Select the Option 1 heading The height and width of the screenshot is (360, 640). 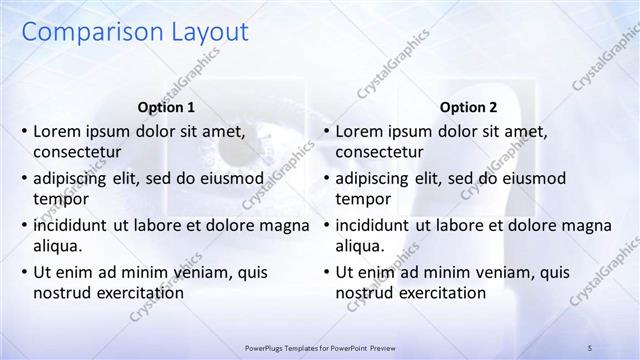166,107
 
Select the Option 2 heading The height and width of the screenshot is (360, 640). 468,107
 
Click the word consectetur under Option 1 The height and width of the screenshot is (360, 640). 78,152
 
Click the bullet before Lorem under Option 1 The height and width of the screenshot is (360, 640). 24,131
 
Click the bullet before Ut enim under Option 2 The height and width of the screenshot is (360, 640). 326,272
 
